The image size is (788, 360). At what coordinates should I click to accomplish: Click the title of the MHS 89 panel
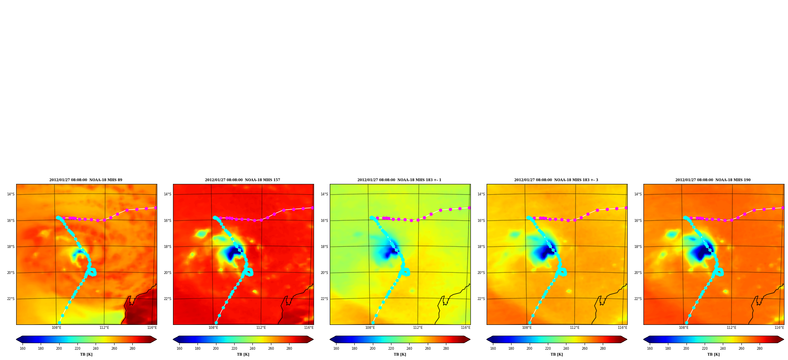click(x=86, y=180)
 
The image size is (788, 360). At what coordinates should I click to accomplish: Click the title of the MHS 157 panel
click(x=243, y=180)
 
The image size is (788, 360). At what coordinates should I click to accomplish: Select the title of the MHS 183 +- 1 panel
click(x=399, y=180)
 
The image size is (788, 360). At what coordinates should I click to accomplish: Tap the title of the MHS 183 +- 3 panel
click(x=556, y=180)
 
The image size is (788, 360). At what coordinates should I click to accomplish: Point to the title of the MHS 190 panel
click(x=713, y=180)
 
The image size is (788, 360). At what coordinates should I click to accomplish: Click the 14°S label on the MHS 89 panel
click(x=11, y=194)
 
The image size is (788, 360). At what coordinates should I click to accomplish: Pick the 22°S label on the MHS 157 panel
click(x=167, y=299)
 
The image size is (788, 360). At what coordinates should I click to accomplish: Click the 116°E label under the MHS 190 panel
click(x=779, y=328)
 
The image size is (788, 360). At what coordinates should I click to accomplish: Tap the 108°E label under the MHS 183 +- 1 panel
click(x=370, y=328)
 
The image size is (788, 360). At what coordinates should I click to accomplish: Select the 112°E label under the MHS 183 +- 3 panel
click(x=575, y=328)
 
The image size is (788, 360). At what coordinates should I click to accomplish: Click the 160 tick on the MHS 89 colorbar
click(x=23, y=349)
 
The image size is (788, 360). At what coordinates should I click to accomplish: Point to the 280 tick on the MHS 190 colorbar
click(x=760, y=349)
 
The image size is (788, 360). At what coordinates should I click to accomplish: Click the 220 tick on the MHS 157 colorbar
click(x=234, y=349)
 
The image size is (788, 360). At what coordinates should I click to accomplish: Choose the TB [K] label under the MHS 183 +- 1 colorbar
click(x=400, y=354)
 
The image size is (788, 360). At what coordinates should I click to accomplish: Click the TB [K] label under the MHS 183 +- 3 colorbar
click(x=557, y=354)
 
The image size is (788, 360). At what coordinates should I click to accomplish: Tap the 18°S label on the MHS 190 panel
click(x=638, y=247)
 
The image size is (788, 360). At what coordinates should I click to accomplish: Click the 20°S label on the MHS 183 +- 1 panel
click(x=324, y=273)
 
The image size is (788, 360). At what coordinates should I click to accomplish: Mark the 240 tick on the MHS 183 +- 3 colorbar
click(x=566, y=349)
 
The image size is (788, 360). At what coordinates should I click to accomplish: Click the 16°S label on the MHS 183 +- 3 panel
click(x=481, y=221)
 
